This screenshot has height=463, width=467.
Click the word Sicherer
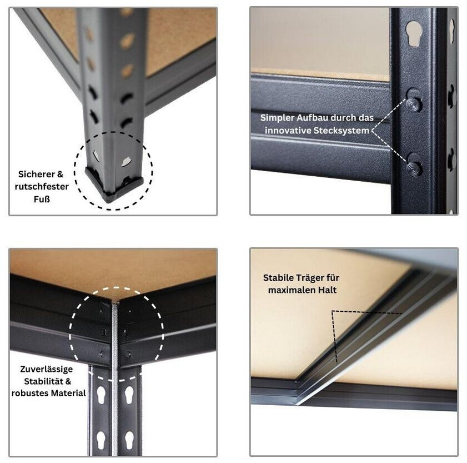36,174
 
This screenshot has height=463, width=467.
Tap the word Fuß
42,199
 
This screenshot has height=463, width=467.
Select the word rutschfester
42,187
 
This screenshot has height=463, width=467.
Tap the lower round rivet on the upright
414,168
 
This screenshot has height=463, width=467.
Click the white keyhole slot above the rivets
414,33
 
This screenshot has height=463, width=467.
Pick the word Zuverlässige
47,369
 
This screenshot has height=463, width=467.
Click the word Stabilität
43,381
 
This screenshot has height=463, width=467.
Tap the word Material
67,394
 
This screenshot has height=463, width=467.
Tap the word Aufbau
312,118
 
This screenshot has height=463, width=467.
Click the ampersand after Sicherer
60,174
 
